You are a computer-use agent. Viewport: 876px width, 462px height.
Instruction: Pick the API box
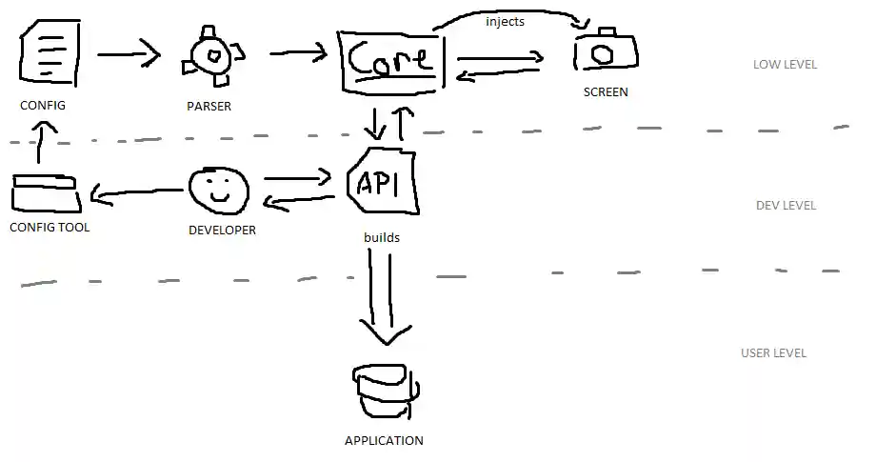click(x=384, y=181)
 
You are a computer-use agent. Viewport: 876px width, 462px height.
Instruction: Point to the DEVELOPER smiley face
click(x=219, y=191)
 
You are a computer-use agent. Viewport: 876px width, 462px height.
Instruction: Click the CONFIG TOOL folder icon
click(x=46, y=193)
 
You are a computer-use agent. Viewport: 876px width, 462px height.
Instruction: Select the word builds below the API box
click(x=381, y=236)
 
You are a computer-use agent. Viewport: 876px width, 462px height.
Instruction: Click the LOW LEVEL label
click(x=785, y=65)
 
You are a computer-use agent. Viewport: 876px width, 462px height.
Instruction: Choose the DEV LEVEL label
click(x=786, y=206)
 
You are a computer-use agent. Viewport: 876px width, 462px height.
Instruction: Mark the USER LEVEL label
click(x=773, y=353)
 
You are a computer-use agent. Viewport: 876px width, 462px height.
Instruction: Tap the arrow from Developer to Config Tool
click(x=135, y=196)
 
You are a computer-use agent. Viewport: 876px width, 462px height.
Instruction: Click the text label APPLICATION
click(x=384, y=441)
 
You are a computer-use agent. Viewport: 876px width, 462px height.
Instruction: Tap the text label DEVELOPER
click(x=222, y=230)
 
